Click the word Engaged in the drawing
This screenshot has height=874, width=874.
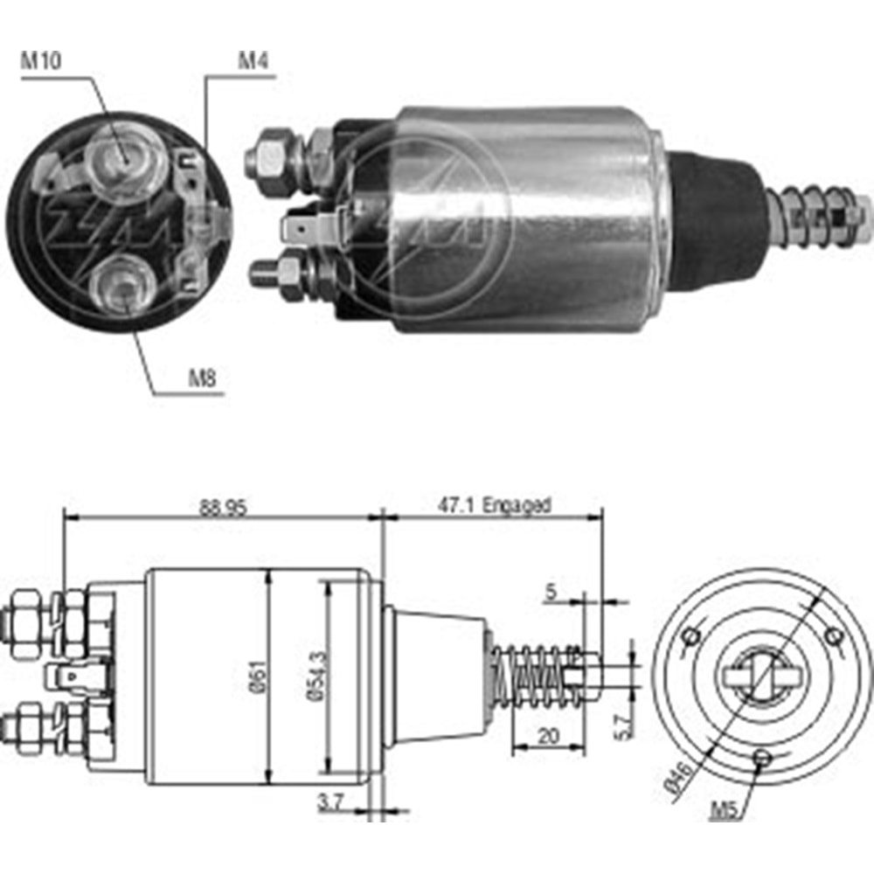click(x=517, y=505)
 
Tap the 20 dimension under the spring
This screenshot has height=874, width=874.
click(x=547, y=737)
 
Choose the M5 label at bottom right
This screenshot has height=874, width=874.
click(x=725, y=811)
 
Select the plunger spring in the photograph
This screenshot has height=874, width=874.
click(x=817, y=215)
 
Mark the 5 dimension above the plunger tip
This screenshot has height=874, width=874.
click(x=550, y=593)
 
